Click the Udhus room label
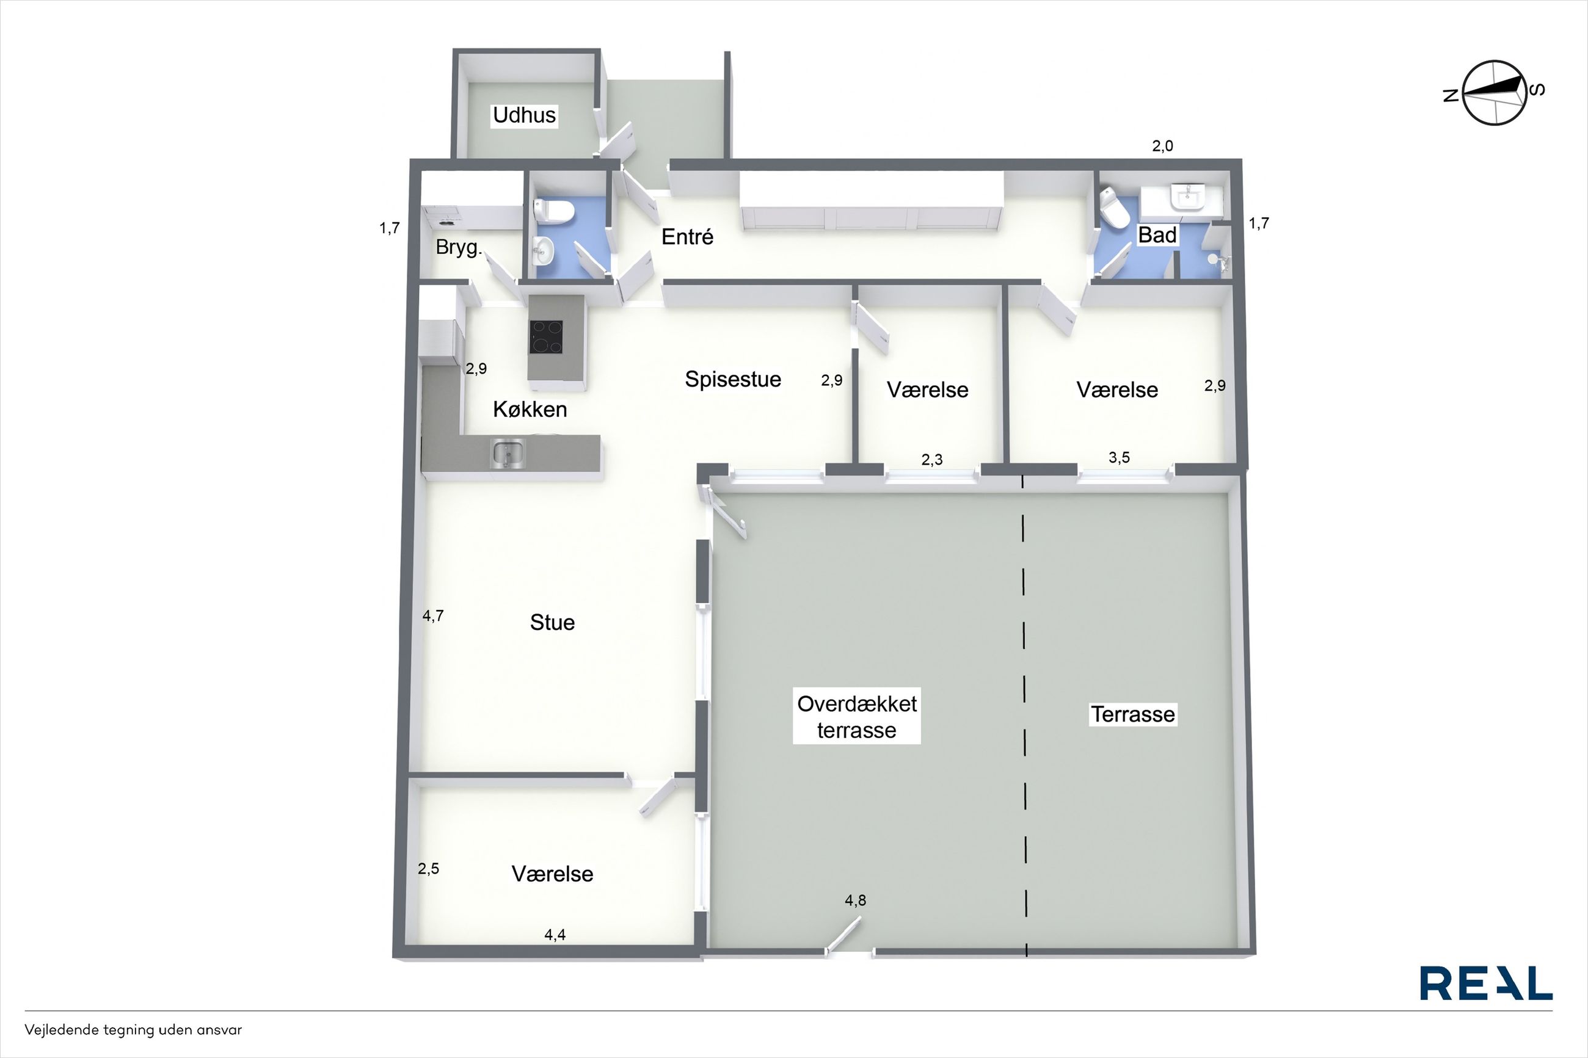[x=525, y=115]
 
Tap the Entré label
[x=687, y=237]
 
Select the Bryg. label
[x=459, y=248]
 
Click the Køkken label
[x=530, y=409]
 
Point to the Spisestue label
[x=733, y=379]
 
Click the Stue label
[x=552, y=622]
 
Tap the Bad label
[x=1157, y=235]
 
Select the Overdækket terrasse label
[x=856, y=717]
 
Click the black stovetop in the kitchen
[x=546, y=336]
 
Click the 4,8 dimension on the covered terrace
[x=855, y=900]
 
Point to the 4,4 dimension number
[x=555, y=935]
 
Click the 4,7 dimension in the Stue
[x=432, y=615]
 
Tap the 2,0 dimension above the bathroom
[x=1162, y=146]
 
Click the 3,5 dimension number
[x=1119, y=457]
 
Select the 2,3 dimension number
[x=932, y=460]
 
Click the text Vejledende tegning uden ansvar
[x=133, y=1030]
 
